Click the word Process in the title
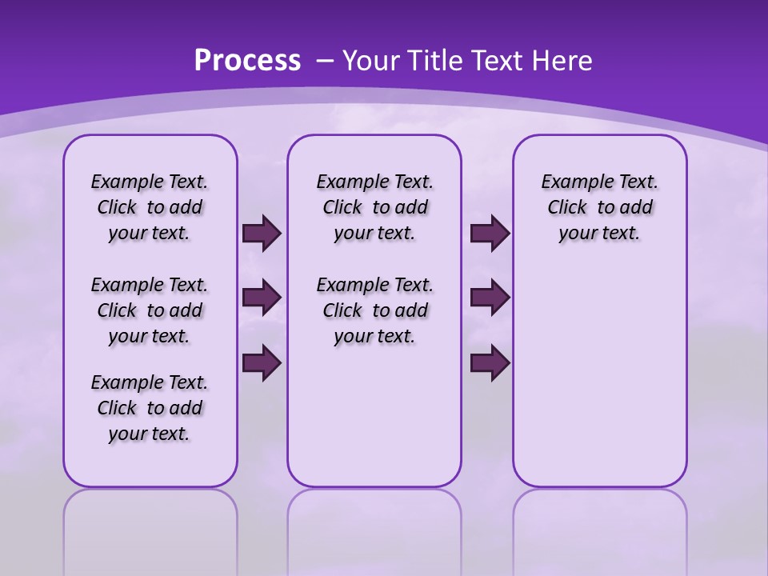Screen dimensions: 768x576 coord(247,61)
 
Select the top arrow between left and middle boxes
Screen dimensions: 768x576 coord(262,234)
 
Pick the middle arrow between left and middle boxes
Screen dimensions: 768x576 coord(262,298)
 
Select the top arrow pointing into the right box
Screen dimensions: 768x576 coord(490,234)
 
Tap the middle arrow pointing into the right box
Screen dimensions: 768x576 coord(490,298)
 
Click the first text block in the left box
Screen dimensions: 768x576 coord(150,208)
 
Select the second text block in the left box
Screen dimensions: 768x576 coord(150,310)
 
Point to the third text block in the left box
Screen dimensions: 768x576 coord(150,408)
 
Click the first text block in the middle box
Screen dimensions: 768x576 coord(375,208)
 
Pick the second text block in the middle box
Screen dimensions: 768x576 coord(375,310)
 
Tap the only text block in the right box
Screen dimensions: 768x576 coord(600,208)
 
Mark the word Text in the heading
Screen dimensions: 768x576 coord(496,61)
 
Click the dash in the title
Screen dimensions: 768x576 coord(326,61)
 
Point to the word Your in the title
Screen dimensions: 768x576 coord(370,61)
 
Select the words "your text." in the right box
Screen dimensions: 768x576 coord(599,234)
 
